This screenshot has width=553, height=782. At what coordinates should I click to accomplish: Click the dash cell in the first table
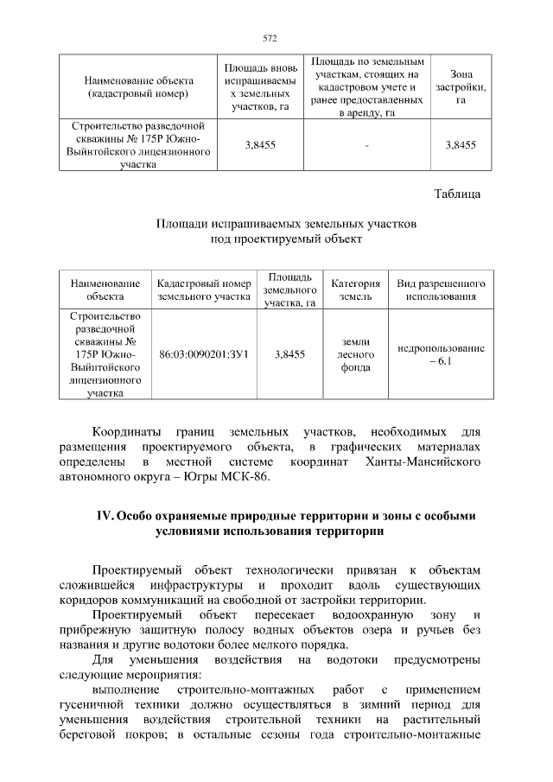click(x=366, y=145)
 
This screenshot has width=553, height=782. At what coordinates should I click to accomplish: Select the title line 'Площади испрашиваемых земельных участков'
click(x=286, y=224)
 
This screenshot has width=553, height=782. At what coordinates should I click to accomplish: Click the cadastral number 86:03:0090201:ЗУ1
click(x=204, y=354)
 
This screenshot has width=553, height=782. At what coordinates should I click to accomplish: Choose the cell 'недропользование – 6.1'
click(x=441, y=354)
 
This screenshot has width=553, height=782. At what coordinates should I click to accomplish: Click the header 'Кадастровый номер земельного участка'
click(x=204, y=289)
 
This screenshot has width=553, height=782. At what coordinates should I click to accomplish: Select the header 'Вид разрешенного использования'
click(x=441, y=289)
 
